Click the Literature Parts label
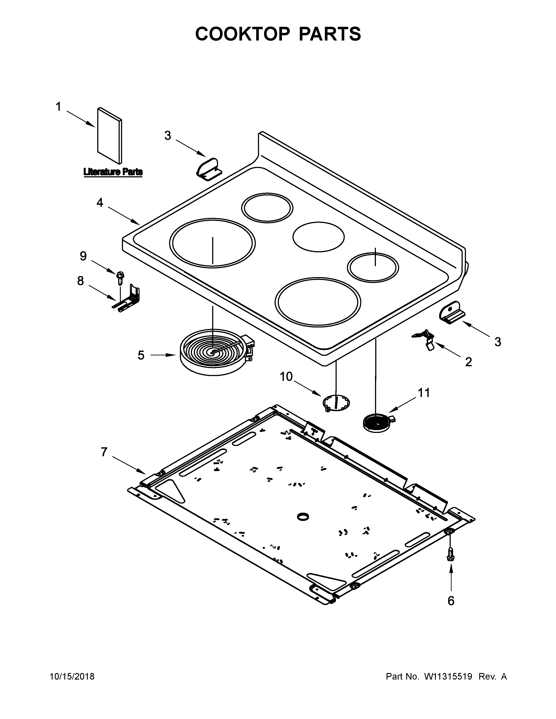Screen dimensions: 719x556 [x=113, y=172]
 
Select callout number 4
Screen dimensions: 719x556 [x=99, y=202]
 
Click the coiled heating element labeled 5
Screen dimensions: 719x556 [x=214, y=356]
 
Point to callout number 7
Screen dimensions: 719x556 [x=104, y=452]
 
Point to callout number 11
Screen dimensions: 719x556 [x=424, y=392]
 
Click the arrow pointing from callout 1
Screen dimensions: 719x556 [x=81, y=119]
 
